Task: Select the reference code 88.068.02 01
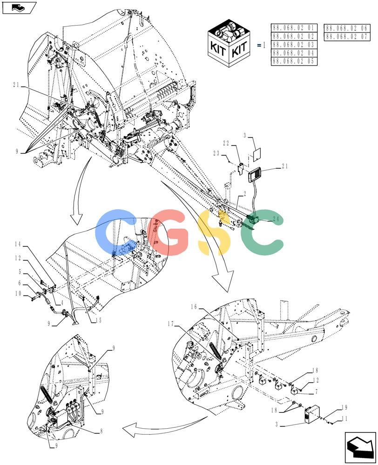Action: point(293,28)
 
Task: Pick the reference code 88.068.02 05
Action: point(293,61)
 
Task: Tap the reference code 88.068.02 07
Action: point(347,36)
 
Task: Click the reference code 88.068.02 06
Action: point(347,28)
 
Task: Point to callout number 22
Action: point(226,143)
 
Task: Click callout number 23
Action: point(216,153)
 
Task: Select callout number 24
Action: point(276,219)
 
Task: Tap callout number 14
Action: point(18,244)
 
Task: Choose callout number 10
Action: point(18,293)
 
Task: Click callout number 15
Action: point(98,320)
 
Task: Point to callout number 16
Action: point(194,306)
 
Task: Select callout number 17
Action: point(170,324)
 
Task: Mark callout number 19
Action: point(344,407)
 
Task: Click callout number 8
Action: point(101,431)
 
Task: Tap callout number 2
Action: point(245,193)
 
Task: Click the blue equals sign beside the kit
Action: point(259,46)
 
